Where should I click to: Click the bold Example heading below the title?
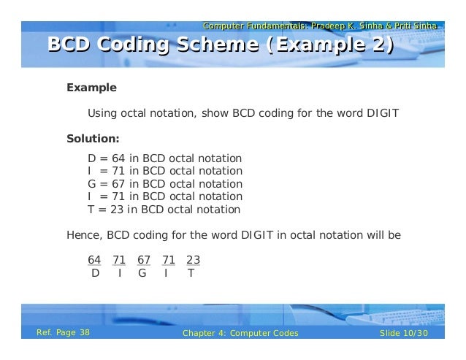[x=91, y=88]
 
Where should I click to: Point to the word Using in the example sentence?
[x=102, y=113]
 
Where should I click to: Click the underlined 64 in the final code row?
[x=94, y=260]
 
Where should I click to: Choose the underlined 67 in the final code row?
[x=144, y=260]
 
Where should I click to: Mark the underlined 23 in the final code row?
[x=194, y=260]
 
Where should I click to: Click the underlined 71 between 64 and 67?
[x=119, y=260]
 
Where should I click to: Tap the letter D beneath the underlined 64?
[x=95, y=274]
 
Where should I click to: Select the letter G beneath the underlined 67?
[x=142, y=274]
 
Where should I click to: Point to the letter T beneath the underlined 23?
[x=191, y=274]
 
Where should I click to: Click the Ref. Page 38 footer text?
[x=64, y=334]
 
